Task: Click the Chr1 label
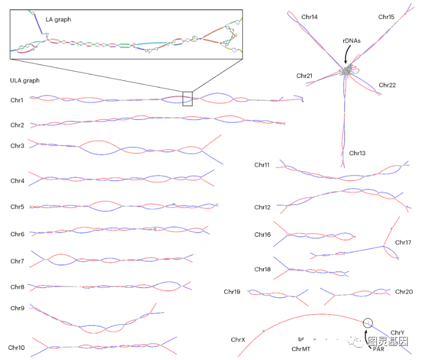pos(17,100)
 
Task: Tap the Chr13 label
pos(357,153)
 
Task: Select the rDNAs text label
pos(352,41)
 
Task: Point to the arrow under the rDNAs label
pos(347,54)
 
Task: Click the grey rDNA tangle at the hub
pos(345,71)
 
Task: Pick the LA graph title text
pos(58,19)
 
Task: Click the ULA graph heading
pos(25,81)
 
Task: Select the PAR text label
pos(378,349)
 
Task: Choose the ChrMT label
pos(301,349)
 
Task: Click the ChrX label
pos(238,340)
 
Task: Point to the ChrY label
pos(397,333)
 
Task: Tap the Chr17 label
pos(403,243)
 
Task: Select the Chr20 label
pos(404,292)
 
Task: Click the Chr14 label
pos(310,17)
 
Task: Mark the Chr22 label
pos(387,85)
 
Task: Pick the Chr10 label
pos(16,348)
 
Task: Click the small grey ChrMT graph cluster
pos(301,339)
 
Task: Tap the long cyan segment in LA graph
pos(151,44)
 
